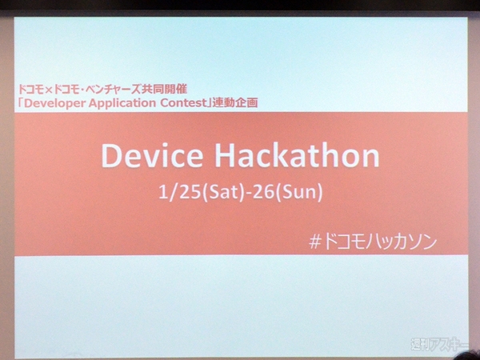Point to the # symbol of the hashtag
point(314,242)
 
